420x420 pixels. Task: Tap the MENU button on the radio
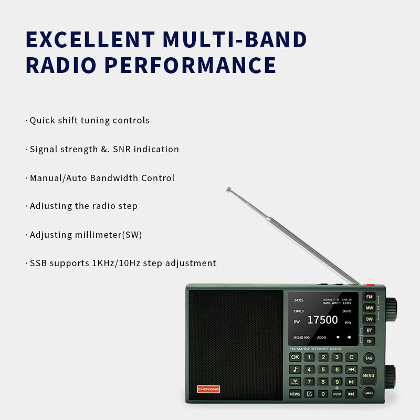[369, 375]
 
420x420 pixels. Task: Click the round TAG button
[369, 359]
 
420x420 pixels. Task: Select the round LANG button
[369, 393]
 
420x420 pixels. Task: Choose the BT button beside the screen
[370, 330]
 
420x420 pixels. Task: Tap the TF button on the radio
[370, 341]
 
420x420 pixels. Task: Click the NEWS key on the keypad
[295, 394]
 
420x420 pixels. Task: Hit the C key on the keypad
[351, 357]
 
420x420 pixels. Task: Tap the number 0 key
[323, 394]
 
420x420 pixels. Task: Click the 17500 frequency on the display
[322, 320]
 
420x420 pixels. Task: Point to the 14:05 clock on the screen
[298, 300]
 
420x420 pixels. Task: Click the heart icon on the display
[338, 338]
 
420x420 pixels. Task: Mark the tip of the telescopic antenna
[228, 189]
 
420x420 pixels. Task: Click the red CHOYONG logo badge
[208, 388]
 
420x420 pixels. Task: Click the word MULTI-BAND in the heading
[235, 40]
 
